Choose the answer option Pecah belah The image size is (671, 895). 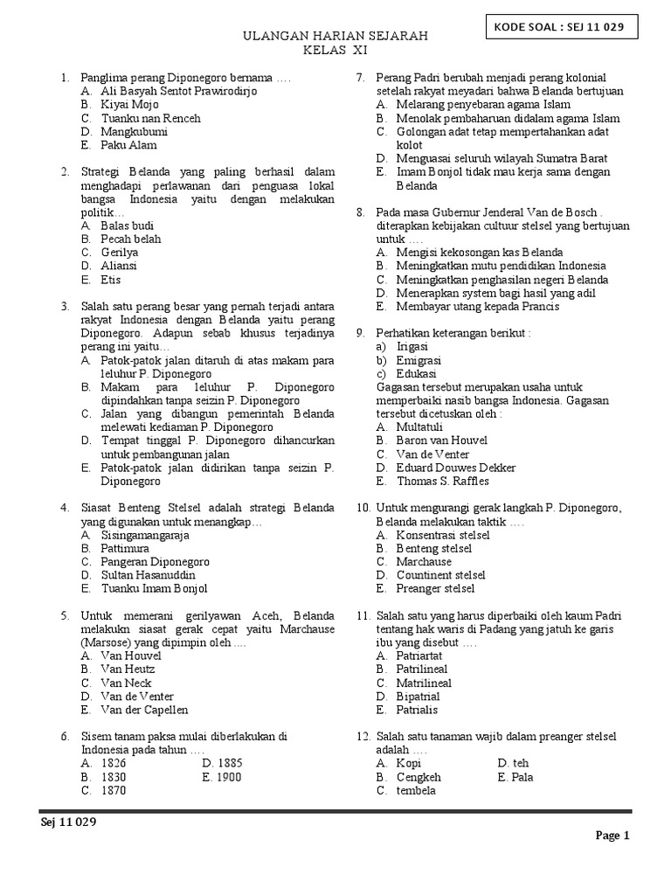pos(130,239)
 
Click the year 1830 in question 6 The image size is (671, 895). pos(114,776)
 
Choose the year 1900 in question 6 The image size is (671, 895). pos(225,776)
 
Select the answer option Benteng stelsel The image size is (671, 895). pos(434,548)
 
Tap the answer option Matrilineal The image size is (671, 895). pos(424,683)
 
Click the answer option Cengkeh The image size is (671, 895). pos(419,776)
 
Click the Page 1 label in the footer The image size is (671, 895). pos(612,836)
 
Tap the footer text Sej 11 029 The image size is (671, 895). pos(68,822)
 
